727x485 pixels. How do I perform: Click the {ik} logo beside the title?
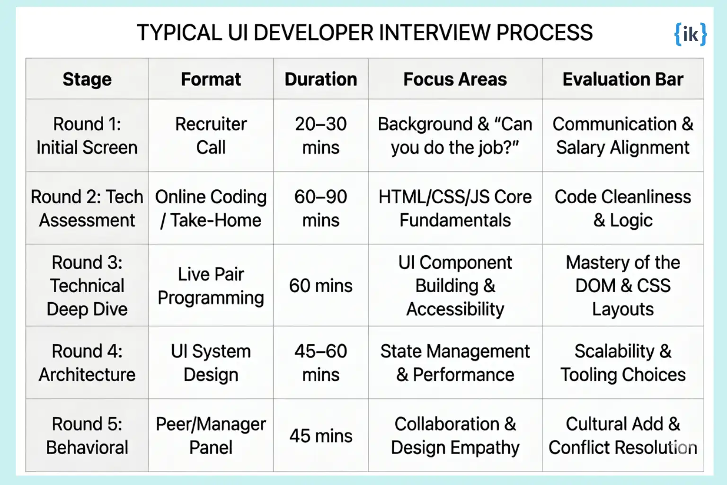point(691,34)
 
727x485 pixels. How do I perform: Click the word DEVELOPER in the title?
point(313,33)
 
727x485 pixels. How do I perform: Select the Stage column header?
point(87,79)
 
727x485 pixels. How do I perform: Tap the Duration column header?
point(320,79)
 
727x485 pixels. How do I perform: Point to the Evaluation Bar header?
point(623,79)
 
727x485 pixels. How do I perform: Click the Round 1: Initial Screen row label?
point(87,136)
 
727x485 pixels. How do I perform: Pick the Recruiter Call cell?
point(211,136)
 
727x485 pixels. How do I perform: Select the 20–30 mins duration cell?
point(320,136)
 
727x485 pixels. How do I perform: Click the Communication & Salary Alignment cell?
point(623,136)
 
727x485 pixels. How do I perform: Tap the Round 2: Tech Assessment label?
point(87,208)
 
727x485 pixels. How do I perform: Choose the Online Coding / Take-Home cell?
point(211,208)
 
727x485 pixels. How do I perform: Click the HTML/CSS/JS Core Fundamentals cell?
point(455,208)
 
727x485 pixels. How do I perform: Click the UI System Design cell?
point(211,363)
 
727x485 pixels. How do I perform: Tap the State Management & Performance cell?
point(455,363)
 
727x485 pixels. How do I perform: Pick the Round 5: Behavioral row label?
point(87,436)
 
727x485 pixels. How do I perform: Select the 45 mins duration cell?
point(320,436)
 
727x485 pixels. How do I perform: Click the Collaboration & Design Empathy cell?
point(455,436)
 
